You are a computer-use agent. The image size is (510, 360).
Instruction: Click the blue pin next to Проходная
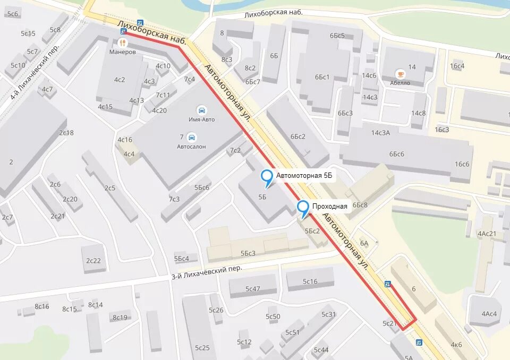[303, 208]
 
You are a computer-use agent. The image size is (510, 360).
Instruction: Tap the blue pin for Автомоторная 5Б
[267, 177]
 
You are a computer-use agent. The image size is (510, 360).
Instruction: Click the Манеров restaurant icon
[123, 42]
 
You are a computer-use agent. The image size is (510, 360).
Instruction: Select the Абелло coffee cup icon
[399, 73]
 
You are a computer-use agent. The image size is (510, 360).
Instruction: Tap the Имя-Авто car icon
[201, 110]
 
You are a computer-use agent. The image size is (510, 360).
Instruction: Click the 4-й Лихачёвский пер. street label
[31, 74]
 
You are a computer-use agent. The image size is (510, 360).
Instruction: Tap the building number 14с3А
[380, 133]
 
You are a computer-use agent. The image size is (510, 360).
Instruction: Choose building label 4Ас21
[487, 234]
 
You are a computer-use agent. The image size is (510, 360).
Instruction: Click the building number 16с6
[462, 164]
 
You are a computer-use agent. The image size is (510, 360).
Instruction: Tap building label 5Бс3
[248, 253]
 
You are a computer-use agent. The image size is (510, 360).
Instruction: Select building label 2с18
[66, 133]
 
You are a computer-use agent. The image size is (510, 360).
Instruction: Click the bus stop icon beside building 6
[388, 284]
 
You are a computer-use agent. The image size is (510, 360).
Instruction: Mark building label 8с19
[120, 318]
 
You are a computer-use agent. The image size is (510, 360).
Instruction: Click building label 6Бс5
[337, 36]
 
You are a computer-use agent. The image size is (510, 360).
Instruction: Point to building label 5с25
[202, 348]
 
